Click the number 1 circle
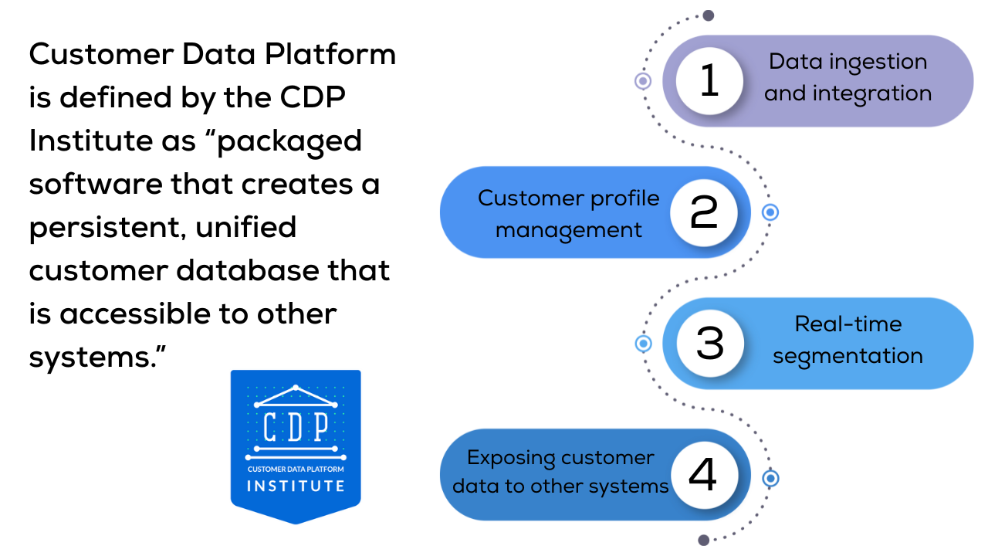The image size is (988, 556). (x=709, y=81)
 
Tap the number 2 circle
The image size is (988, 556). (x=703, y=212)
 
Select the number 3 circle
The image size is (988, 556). (x=709, y=344)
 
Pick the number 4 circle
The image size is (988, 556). (x=703, y=475)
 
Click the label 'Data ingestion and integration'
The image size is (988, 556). (x=848, y=77)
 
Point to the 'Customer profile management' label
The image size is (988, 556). (x=569, y=213)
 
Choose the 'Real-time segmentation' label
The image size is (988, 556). (x=848, y=340)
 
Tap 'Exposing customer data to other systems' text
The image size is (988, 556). (x=560, y=472)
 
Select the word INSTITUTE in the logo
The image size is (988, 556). (x=296, y=486)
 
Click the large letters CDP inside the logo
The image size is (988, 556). (x=296, y=425)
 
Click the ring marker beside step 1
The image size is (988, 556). (x=643, y=81)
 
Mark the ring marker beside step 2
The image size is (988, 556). (x=770, y=212)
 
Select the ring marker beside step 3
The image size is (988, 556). (x=643, y=344)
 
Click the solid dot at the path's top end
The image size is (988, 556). (x=708, y=15)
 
